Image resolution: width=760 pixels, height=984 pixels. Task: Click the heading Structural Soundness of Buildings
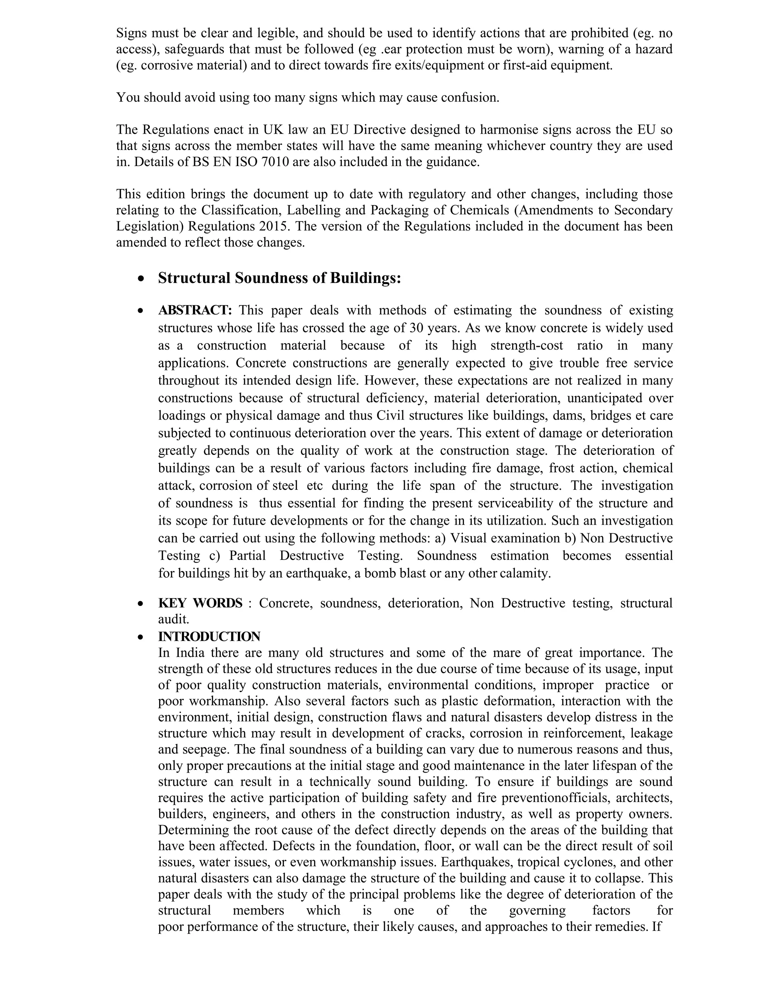point(279,278)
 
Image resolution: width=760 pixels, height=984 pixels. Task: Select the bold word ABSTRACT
point(194,310)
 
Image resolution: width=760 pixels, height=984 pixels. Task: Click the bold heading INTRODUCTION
point(209,636)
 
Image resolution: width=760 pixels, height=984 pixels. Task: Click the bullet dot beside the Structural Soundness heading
point(142,279)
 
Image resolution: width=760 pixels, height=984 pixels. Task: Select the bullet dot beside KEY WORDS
point(142,604)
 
